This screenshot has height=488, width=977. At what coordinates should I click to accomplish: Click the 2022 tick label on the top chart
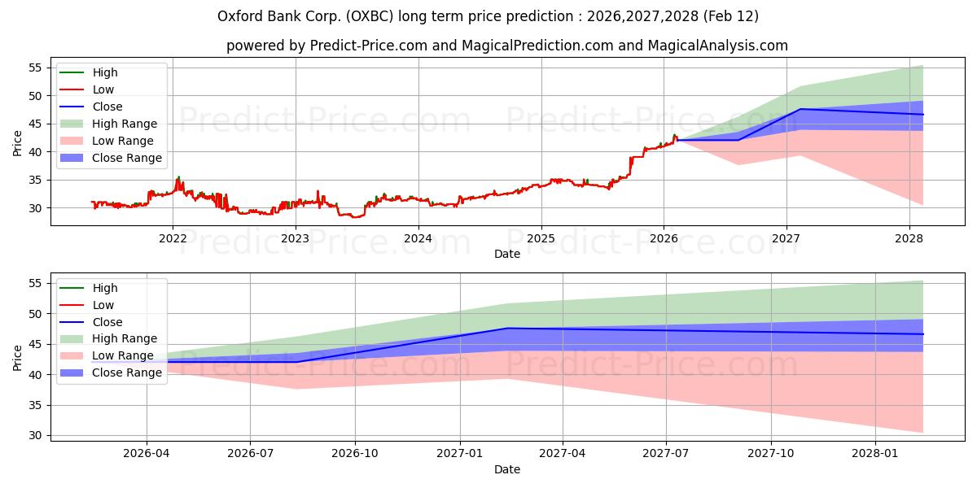(x=172, y=238)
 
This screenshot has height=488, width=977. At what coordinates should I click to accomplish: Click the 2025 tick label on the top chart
(x=541, y=238)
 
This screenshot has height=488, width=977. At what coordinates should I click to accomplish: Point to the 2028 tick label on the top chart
(x=909, y=238)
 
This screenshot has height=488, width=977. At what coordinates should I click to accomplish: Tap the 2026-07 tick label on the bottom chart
(x=250, y=453)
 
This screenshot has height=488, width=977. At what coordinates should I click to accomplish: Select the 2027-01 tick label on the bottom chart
(x=460, y=453)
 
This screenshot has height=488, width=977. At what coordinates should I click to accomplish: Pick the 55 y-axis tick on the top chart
(x=35, y=68)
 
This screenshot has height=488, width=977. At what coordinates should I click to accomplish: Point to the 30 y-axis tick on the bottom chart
(x=35, y=435)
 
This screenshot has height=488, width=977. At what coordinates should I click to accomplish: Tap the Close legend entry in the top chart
(x=107, y=107)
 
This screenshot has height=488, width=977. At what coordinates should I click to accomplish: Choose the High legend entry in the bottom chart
(x=105, y=288)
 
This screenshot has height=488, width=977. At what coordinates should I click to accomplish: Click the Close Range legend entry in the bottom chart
(x=128, y=373)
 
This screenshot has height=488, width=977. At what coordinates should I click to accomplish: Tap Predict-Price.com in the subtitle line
(x=369, y=46)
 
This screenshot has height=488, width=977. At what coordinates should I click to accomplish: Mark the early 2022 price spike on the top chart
(x=178, y=177)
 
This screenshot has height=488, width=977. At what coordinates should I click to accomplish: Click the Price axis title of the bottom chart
(x=18, y=356)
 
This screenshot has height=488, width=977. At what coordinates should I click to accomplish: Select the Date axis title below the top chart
(x=506, y=254)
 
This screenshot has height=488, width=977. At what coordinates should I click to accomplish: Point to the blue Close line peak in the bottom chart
(x=507, y=328)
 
